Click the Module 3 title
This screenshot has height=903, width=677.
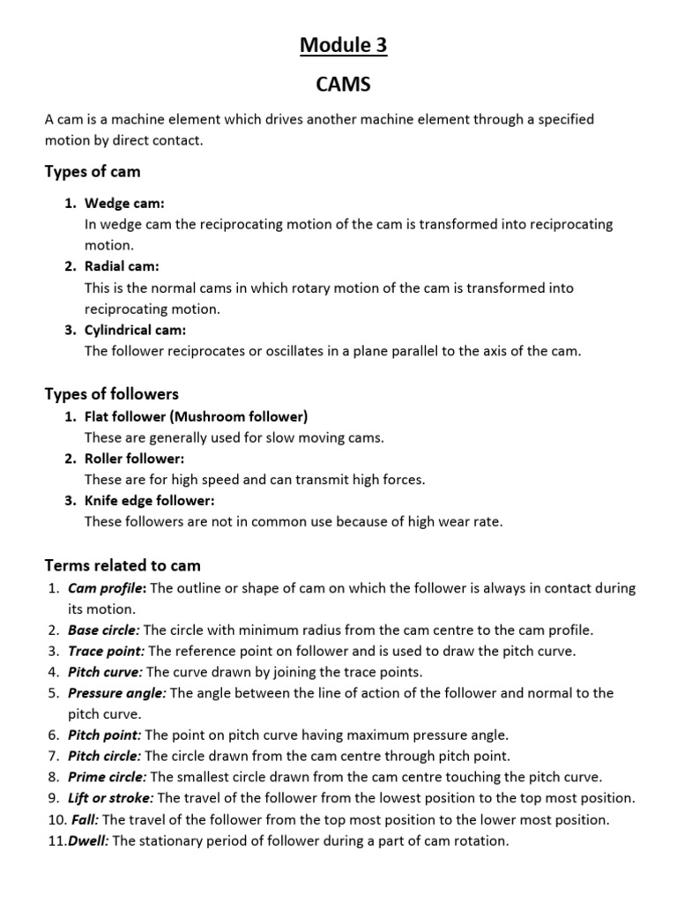343,45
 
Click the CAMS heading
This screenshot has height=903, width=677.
343,86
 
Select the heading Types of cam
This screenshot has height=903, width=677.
93,171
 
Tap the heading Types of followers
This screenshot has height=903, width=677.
111,393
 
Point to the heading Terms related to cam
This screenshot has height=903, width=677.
123,565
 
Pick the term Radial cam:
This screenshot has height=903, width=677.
122,266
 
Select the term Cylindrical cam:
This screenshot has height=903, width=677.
135,330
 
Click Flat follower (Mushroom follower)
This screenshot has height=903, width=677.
196,416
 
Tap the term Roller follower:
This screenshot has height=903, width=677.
134,459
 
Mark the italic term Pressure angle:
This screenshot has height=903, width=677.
117,693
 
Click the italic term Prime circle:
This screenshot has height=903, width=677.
108,777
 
